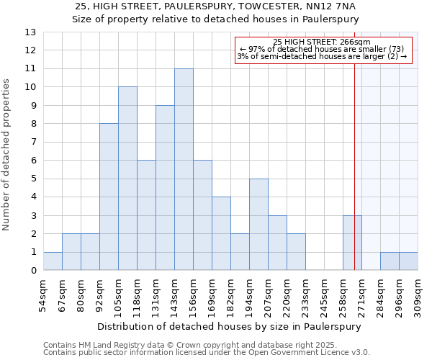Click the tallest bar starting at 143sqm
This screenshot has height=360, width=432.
184,169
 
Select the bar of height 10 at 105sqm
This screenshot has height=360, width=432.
127,179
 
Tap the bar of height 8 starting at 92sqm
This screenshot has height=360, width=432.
109,197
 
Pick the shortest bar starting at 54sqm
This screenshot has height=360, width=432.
53,261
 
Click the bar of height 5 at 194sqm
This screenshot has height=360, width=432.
258,225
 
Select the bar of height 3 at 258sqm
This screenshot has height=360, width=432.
352,243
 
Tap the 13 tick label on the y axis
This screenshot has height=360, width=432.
30,32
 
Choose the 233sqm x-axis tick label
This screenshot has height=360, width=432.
305,295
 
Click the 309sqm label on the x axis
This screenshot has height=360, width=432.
418,295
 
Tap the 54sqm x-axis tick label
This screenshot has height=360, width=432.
43,295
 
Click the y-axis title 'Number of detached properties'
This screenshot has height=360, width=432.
6,156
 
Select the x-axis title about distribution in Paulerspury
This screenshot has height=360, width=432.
228,326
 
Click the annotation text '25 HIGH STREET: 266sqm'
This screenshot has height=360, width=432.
322,42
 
